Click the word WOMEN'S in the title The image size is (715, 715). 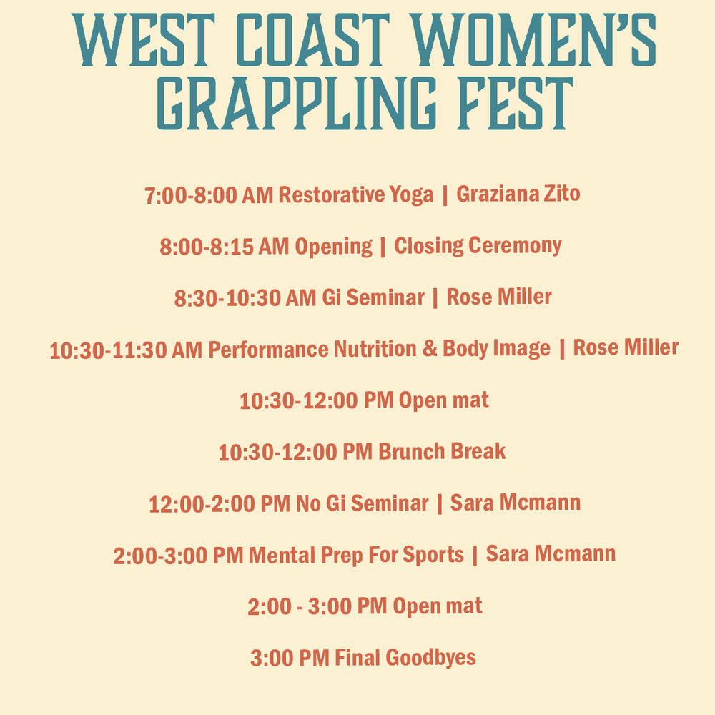click(533, 39)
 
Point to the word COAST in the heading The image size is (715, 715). click(313, 39)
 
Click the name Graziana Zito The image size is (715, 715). click(518, 194)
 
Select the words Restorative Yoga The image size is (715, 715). click(355, 195)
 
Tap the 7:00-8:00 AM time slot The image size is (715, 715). click(208, 196)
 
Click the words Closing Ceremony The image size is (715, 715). click(478, 246)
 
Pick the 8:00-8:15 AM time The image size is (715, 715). click(224, 247)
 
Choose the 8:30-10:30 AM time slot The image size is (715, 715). click(245, 298)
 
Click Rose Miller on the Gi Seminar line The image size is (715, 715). click(499, 297)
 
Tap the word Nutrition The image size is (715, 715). click(375, 349)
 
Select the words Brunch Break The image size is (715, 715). click(442, 451)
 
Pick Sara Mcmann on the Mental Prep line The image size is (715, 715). click(551, 554)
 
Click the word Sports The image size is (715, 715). click(433, 556)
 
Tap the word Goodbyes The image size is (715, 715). click(430, 658)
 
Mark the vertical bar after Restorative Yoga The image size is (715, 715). click(445, 195)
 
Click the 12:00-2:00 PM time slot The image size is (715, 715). click(220, 504)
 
